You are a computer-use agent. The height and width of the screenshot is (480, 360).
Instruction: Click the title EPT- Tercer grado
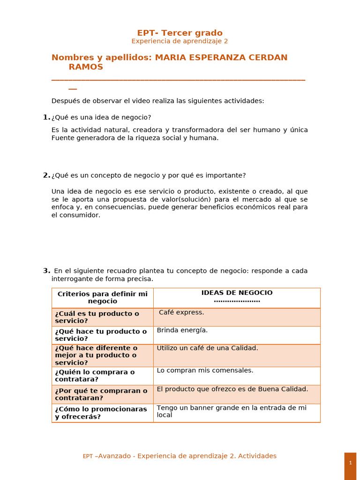click(x=180, y=33)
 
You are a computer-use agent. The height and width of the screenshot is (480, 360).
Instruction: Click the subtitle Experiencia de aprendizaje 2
click(x=180, y=41)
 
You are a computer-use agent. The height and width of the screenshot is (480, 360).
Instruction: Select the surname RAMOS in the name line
click(x=86, y=67)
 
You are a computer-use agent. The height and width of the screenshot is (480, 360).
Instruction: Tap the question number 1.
click(x=46, y=117)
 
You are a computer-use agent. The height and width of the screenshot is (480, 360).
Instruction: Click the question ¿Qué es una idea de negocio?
click(x=101, y=117)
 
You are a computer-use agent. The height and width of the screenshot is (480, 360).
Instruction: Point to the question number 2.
click(x=46, y=175)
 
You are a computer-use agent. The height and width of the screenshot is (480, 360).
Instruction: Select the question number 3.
click(x=46, y=270)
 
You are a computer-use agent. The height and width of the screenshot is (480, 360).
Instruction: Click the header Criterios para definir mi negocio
click(x=102, y=297)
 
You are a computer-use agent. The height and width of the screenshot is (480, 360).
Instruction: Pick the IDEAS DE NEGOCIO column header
click(x=237, y=293)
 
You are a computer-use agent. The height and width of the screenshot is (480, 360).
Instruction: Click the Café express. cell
click(x=181, y=312)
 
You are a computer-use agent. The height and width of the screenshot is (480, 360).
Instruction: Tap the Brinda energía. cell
click(x=182, y=330)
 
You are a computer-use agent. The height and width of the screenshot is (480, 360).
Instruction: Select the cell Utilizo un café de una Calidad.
click(x=207, y=348)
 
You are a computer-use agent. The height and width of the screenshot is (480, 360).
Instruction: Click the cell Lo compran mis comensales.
click(x=205, y=370)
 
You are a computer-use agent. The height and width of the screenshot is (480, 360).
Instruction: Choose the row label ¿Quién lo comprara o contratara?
click(x=95, y=375)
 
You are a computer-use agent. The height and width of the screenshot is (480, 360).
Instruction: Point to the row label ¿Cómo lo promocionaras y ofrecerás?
click(x=101, y=412)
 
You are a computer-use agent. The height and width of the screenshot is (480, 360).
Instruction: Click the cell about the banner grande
click(x=232, y=411)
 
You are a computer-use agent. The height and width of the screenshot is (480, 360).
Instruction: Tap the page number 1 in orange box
click(x=350, y=463)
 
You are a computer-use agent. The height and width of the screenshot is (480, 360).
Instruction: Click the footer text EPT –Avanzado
click(x=109, y=456)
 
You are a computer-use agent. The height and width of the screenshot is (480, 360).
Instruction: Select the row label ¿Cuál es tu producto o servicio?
click(x=97, y=317)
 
